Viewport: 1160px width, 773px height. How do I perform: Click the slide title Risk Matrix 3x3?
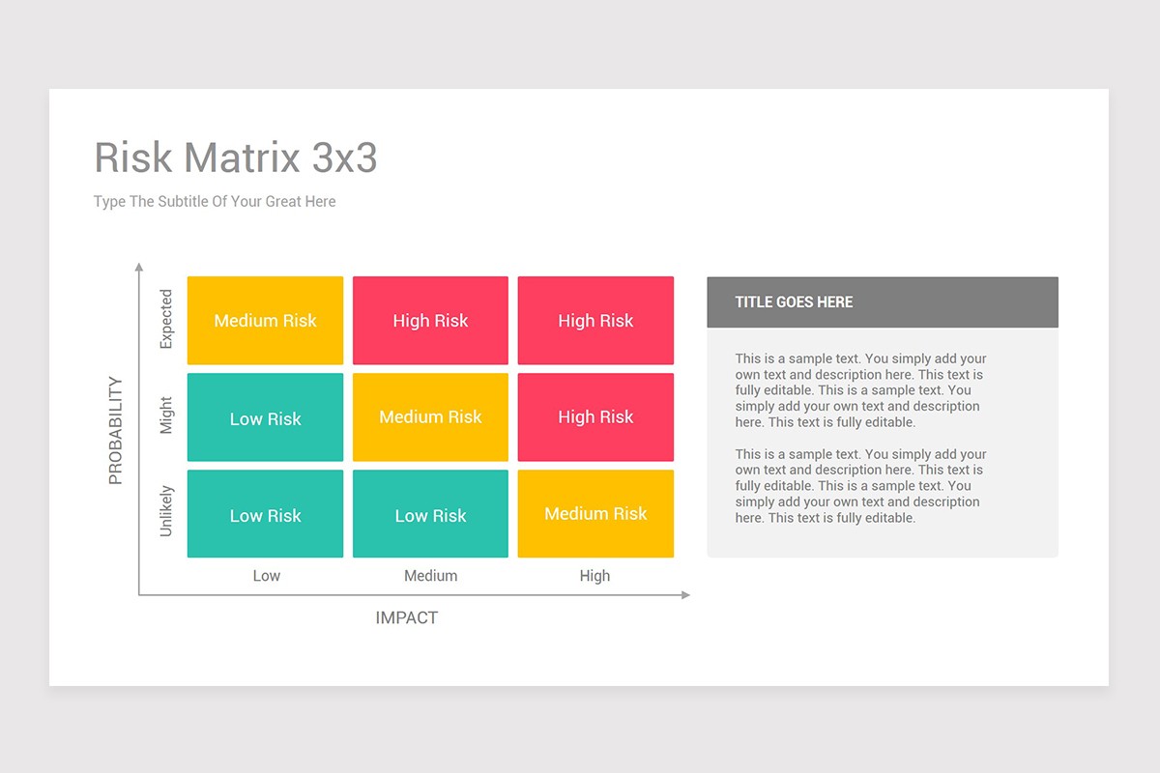(235, 157)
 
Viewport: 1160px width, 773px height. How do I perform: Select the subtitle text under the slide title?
(215, 202)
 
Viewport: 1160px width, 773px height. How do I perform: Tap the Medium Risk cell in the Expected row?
(265, 321)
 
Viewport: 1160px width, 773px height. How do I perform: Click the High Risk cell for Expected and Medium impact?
(430, 321)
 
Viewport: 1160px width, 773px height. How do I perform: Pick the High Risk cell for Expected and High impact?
(595, 321)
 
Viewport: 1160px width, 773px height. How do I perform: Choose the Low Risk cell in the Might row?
(265, 418)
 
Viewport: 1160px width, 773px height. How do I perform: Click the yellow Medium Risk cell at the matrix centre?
(430, 417)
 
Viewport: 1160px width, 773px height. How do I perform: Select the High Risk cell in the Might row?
(595, 417)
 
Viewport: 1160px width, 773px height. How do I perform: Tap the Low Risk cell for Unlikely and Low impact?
(265, 515)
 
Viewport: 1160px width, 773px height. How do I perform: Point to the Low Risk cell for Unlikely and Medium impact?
(430, 515)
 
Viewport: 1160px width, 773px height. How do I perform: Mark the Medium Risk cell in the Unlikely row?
(595, 514)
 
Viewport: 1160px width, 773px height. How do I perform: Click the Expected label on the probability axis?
(166, 319)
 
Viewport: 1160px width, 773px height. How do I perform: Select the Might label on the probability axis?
(166, 415)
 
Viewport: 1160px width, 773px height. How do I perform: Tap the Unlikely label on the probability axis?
(166, 511)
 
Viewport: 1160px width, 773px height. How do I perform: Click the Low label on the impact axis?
(266, 576)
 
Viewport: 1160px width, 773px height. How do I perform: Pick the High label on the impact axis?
(594, 576)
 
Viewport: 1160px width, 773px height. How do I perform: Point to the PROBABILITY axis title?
(116, 430)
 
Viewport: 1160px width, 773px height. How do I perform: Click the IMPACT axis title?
(406, 618)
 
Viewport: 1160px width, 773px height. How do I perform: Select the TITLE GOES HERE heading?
(794, 302)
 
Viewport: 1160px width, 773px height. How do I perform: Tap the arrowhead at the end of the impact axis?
(685, 595)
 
